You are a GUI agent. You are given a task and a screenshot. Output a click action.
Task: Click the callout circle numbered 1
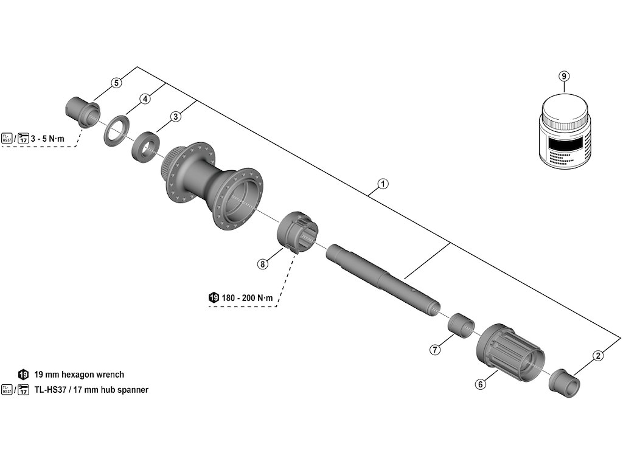(383, 183)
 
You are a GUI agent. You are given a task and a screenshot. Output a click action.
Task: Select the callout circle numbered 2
(598, 356)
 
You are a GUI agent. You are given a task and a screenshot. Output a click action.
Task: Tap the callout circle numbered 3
(176, 116)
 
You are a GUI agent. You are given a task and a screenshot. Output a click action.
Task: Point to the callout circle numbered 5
(116, 82)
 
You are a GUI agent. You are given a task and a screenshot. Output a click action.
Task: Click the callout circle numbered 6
(481, 384)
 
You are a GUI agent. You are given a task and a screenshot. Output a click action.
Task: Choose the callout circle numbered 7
(435, 350)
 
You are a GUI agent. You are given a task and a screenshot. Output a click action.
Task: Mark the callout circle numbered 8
(262, 264)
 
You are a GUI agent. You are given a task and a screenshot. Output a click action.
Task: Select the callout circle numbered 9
(564, 76)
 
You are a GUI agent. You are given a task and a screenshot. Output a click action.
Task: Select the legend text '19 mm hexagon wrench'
(79, 375)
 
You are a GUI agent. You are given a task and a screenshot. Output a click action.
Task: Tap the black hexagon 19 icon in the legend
(24, 375)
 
